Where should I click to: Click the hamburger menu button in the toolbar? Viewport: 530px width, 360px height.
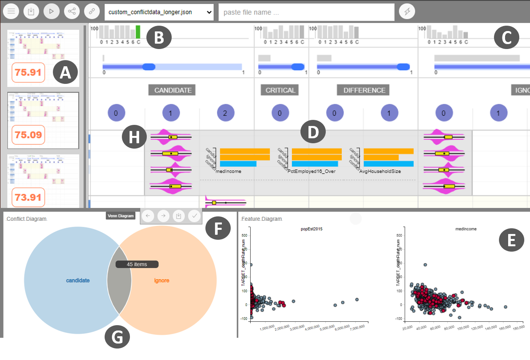(11, 11)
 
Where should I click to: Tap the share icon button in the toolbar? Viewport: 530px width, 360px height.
(72, 11)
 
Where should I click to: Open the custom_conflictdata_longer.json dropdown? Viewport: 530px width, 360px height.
(159, 12)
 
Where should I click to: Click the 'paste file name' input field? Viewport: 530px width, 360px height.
(306, 12)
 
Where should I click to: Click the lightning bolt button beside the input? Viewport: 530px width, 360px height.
(407, 11)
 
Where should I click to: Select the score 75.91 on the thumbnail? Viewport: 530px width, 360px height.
(28, 72)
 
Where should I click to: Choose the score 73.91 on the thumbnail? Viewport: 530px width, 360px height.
(28, 197)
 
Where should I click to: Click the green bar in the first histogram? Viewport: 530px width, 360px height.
(138, 32)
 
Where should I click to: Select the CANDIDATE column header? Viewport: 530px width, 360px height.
(173, 90)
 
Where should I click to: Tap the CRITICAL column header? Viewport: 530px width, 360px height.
(280, 90)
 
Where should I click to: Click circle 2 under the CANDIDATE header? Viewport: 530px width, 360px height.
(225, 113)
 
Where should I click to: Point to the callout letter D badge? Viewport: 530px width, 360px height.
(313, 132)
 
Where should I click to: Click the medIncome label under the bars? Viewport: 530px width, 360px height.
(228, 171)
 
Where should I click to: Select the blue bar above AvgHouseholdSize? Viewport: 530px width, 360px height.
(389, 164)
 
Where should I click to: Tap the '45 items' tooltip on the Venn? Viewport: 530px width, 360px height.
(137, 264)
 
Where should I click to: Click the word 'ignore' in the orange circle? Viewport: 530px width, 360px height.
(162, 280)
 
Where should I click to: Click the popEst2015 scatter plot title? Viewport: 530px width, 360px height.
(312, 229)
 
